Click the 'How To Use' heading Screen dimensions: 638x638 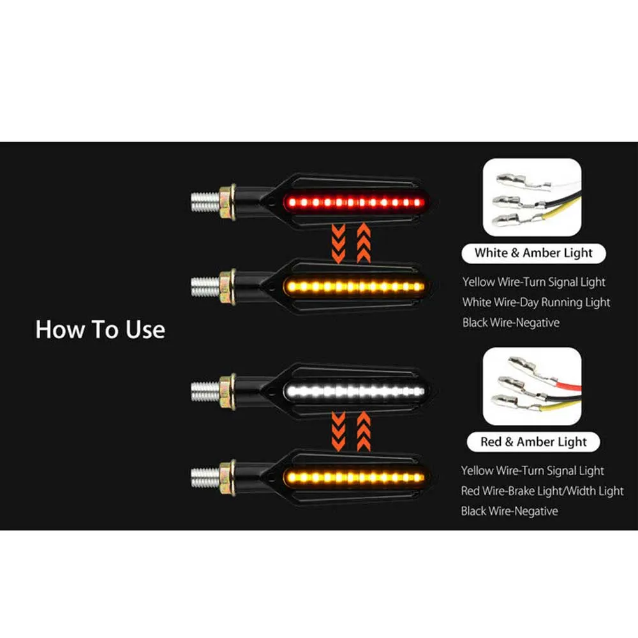tap(100, 329)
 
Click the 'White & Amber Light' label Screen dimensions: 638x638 tap(533, 253)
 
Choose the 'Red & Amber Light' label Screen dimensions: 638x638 tap(533, 442)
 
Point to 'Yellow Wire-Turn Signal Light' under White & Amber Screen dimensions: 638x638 tap(534, 281)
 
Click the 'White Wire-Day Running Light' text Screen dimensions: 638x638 tap(536, 302)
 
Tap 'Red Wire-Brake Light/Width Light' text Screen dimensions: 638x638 tap(542, 491)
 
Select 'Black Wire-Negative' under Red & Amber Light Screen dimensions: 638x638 tap(509, 511)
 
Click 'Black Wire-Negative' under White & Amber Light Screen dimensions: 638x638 tap(510, 322)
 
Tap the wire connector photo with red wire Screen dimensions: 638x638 tap(533, 387)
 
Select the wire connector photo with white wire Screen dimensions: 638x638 tap(533, 197)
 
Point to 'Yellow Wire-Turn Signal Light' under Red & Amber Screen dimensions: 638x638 tap(533, 471)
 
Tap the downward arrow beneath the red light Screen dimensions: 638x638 tap(338, 242)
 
